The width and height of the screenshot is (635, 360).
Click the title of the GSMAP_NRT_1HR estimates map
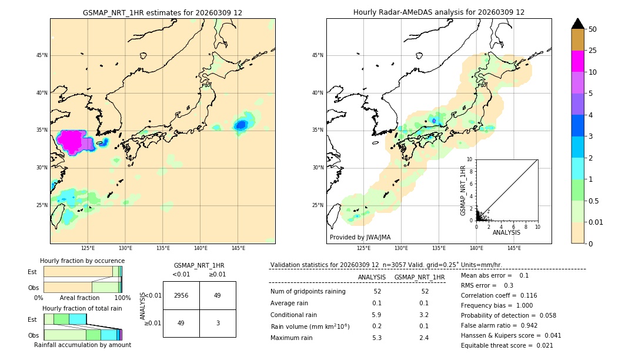tap(162, 12)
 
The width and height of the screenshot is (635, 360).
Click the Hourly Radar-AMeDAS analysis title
tap(439, 12)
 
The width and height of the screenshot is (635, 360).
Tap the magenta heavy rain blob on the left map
tap(71, 141)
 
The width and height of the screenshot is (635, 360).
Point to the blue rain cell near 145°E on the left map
tap(240, 125)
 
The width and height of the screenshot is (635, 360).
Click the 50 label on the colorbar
tap(593, 29)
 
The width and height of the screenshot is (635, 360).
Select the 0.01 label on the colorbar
tap(596, 222)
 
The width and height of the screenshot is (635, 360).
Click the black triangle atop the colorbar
tap(578, 24)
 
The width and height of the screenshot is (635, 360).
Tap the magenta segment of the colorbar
tap(578, 61)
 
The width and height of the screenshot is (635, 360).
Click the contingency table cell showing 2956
tap(181, 295)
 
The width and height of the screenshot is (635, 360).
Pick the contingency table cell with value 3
tap(218, 323)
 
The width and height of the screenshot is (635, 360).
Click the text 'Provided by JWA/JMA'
tap(360, 237)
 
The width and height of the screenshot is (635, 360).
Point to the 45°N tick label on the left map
tap(42, 55)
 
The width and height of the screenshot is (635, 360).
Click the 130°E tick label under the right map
tap(402, 248)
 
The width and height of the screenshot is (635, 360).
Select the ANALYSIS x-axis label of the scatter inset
tap(506, 232)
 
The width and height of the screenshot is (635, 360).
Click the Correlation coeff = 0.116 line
tap(498, 295)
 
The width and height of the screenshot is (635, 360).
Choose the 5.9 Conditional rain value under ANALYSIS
tap(377, 315)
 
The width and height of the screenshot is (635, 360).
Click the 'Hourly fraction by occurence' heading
tap(82, 261)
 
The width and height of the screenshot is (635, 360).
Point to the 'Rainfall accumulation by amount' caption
tap(82, 345)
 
